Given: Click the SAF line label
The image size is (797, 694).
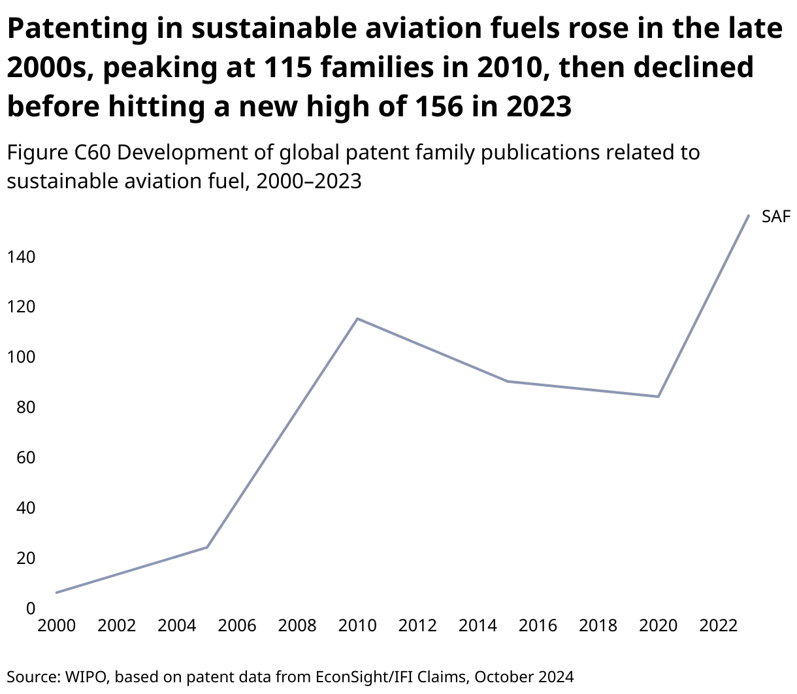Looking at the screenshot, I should pyautogui.click(x=776, y=216).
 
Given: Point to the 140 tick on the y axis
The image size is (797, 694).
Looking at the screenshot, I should pyautogui.click(x=21, y=257).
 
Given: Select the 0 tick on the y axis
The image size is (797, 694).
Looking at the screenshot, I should pyautogui.click(x=30, y=608).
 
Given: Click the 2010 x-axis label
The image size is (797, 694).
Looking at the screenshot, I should pyautogui.click(x=357, y=626).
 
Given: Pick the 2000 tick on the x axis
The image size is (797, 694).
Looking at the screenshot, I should pyautogui.click(x=57, y=626).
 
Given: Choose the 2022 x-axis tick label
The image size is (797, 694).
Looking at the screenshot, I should pyautogui.click(x=719, y=626).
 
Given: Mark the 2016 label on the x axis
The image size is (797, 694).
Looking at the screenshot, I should pyautogui.click(x=538, y=626).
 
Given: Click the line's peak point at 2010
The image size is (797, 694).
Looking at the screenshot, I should pyautogui.click(x=357, y=318).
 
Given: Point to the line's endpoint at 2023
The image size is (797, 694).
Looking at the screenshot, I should pyautogui.click(x=749, y=215).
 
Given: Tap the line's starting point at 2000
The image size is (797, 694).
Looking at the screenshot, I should pyautogui.click(x=57, y=593).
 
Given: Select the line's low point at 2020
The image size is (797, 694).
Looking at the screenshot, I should pyautogui.click(x=659, y=397).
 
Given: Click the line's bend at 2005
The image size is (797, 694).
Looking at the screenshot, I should pyautogui.click(x=207, y=547).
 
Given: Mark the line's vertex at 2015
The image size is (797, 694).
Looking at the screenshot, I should pyautogui.click(x=508, y=381).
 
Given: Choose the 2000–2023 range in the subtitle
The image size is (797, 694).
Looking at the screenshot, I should pyautogui.click(x=309, y=180).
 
